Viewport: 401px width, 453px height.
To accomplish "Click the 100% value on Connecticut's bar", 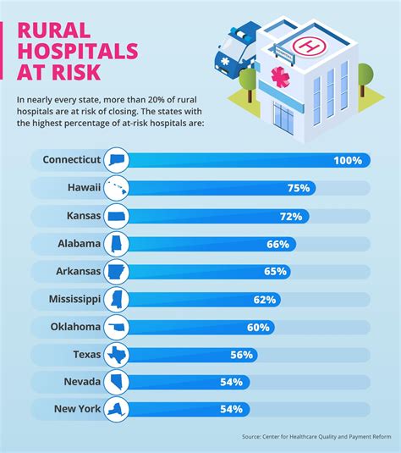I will [x=348, y=160].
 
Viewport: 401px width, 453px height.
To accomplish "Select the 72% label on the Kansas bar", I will [x=292, y=216].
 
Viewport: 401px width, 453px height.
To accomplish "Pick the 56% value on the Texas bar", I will [x=241, y=355].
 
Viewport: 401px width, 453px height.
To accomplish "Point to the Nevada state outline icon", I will [x=115, y=383].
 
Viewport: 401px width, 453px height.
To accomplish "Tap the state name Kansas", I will [x=81, y=216].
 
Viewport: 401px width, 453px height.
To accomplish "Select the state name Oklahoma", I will [x=71, y=327].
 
